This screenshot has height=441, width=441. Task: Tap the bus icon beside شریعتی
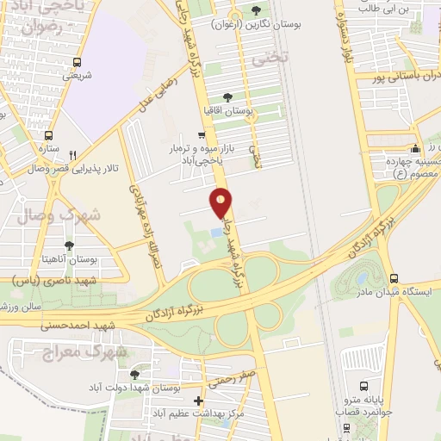[x=78, y=62]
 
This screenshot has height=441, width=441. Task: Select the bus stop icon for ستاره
[x=48, y=135]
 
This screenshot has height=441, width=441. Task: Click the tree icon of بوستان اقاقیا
[x=227, y=97]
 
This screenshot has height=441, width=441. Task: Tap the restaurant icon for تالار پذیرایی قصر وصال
[x=73, y=155]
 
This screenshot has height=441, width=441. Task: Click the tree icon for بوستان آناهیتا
[x=69, y=246]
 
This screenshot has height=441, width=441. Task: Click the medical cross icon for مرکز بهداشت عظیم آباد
[x=200, y=401]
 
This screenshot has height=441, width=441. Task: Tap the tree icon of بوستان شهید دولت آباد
[x=134, y=375]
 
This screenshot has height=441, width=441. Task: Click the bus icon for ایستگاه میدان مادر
[x=394, y=278]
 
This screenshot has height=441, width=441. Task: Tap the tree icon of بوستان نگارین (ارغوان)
[x=257, y=11]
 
